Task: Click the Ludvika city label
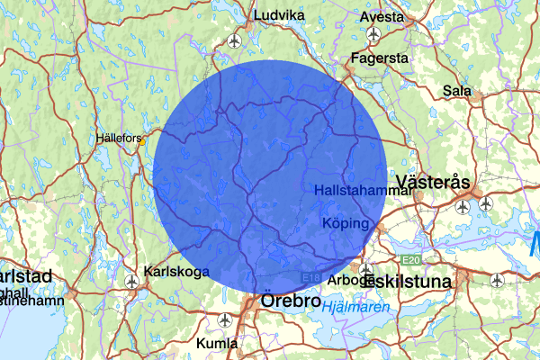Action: (x=280, y=15)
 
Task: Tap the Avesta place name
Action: (x=382, y=17)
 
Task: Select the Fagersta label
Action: (x=381, y=58)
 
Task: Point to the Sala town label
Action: (x=458, y=91)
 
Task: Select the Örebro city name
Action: (x=290, y=301)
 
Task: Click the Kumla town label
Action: (x=217, y=344)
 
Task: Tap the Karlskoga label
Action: (x=176, y=271)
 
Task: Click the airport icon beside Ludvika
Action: (x=235, y=40)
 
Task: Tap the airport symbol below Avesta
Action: (x=373, y=34)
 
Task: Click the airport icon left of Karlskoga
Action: (x=133, y=283)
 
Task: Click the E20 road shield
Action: (x=411, y=260)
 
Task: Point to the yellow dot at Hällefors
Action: (x=141, y=140)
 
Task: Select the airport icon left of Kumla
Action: (x=224, y=319)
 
